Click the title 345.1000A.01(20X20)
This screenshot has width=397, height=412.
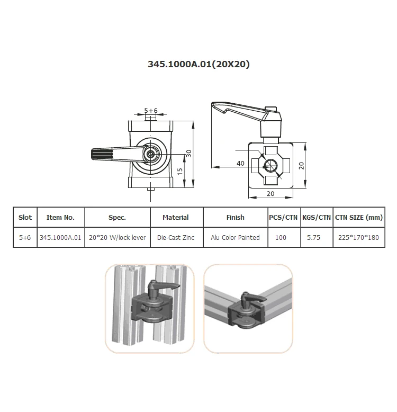(198, 65)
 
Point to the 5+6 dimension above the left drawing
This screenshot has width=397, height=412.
(151, 111)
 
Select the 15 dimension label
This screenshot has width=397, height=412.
(180, 171)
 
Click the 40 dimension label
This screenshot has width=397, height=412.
(240, 164)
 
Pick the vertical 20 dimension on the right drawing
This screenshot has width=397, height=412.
(301, 165)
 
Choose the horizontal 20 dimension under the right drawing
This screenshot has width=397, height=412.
(270, 194)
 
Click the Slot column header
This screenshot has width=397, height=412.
(25, 217)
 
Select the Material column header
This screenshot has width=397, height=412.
(176, 217)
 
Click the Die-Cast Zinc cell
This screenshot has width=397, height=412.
(176, 238)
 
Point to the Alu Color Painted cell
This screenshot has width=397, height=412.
(235, 238)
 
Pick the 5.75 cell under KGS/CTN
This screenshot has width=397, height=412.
(314, 238)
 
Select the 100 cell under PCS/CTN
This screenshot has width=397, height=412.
(281, 238)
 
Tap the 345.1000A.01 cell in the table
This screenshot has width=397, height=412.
(61, 238)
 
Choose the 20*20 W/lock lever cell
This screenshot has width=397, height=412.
(117, 238)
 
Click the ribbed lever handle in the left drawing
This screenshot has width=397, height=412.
(105, 155)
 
